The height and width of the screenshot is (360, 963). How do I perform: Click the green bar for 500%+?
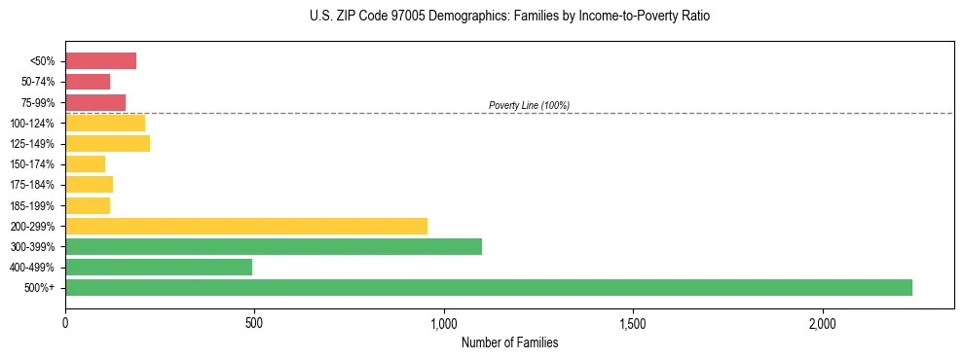pos(488,287)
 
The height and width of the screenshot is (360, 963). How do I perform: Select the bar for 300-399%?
pos(274,246)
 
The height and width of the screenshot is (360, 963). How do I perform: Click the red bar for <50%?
pos(100,61)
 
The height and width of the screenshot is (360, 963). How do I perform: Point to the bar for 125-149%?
pos(107,144)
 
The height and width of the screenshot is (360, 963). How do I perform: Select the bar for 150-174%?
pos(85,164)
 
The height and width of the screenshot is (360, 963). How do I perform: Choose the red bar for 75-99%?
pos(95,102)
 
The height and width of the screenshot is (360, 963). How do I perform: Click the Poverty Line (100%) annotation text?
pos(529,105)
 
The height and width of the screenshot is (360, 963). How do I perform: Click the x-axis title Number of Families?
pos(509,342)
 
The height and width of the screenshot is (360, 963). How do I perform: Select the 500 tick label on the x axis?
pos(254,322)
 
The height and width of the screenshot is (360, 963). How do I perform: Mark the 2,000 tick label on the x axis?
pos(822,322)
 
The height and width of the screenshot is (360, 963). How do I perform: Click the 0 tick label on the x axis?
pos(65,322)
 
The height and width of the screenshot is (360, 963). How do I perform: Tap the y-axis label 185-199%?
pos(32,205)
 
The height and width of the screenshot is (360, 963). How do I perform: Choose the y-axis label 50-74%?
pos(37,82)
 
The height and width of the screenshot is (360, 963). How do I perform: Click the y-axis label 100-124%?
pos(32,124)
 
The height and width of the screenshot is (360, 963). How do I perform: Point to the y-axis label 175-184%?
pos(32,185)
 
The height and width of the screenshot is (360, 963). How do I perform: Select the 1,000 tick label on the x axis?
pos(443,322)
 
